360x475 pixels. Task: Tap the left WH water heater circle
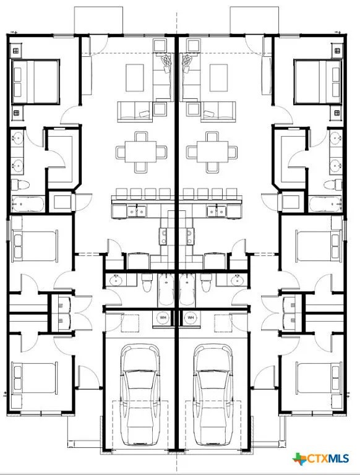coord(163,318)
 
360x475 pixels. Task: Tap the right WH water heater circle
coord(191,318)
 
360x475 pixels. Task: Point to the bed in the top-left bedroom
coord(36,81)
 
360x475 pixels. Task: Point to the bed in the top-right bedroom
coord(318,81)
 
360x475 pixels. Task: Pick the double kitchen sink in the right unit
coord(217,212)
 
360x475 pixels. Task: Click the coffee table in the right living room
coord(217,78)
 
